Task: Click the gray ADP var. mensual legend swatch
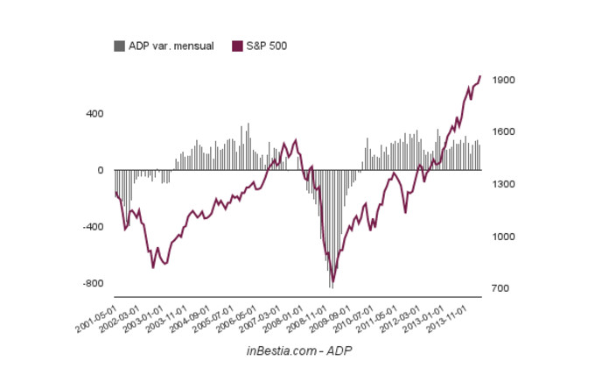(120, 45)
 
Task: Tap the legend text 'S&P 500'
(266, 45)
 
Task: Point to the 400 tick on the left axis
(94, 114)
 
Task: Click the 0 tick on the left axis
(99, 170)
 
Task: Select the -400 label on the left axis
(92, 227)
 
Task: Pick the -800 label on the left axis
(92, 284)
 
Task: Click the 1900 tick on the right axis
(503, 80)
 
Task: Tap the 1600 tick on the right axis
(503, 132)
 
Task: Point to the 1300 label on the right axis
(503, 185)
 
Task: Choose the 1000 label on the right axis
(503, 237)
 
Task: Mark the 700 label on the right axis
(500, 288)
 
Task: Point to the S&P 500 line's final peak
(479, 76)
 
